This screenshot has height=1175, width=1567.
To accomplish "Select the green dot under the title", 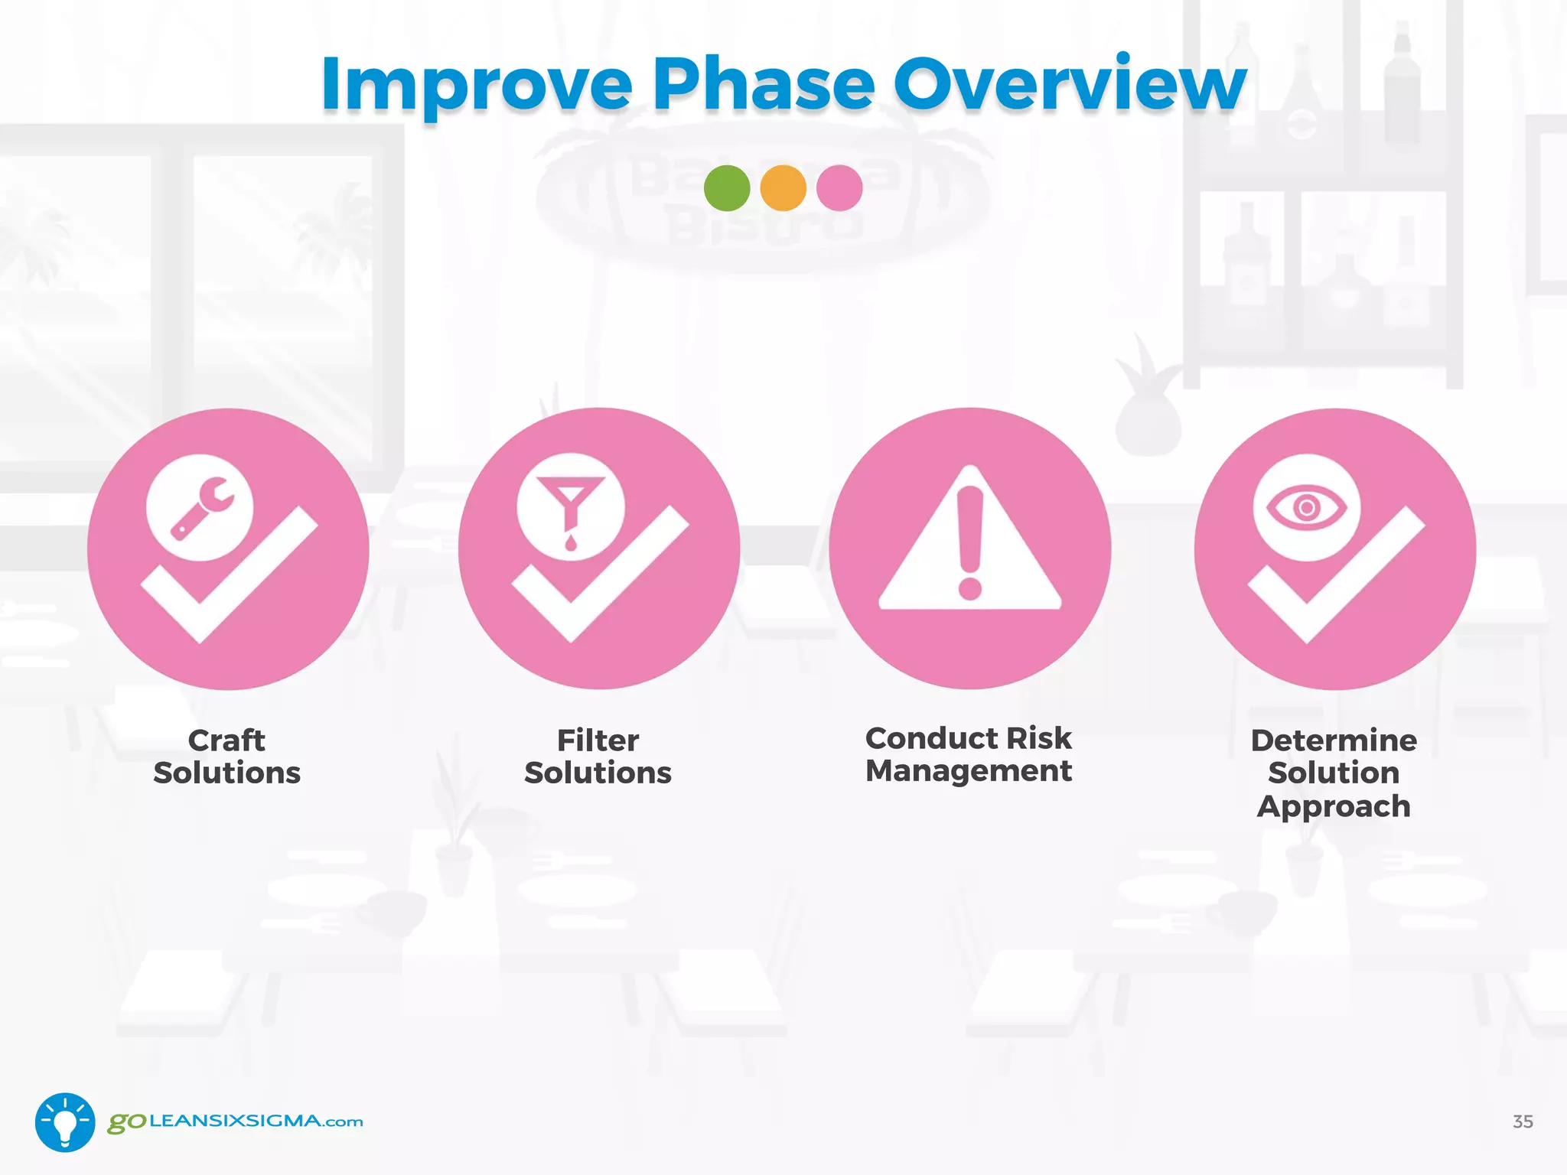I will [x=727, y=188].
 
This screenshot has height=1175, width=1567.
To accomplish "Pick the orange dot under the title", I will [x=783, y=188].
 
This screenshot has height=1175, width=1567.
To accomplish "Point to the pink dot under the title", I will [x=839, y=188].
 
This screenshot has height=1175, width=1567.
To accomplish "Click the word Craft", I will [x=226, y=740].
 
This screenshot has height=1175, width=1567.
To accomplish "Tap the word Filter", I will [x=598, y=740].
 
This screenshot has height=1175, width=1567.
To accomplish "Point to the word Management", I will [x=968, y=771].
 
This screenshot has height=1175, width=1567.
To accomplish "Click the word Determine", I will [x=1334, y=740].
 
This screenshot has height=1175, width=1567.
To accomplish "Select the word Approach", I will [x=1334, y=807].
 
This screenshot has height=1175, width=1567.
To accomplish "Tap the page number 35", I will [x=1523, y=1121].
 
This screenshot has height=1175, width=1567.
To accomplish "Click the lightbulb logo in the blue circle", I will [x=65, y=1122].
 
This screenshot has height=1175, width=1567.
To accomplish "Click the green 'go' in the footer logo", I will [x=126, y=1122].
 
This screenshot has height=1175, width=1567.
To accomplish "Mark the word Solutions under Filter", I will [x=598, y=773].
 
